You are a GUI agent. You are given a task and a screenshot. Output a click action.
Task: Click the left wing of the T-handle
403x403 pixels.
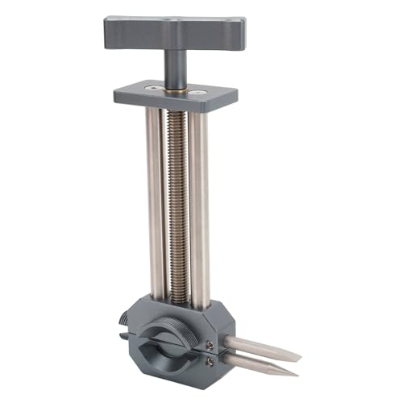(x=129, y=32)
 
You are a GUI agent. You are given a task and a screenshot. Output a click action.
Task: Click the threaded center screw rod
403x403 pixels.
(x=178, y=201)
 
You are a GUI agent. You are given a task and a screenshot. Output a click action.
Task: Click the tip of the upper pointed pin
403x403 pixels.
(x=300, y=357)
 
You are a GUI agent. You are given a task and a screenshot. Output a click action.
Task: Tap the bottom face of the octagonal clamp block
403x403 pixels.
(x=173, y=385)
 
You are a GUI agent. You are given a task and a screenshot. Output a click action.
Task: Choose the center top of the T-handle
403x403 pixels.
(x=173, y=23)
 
